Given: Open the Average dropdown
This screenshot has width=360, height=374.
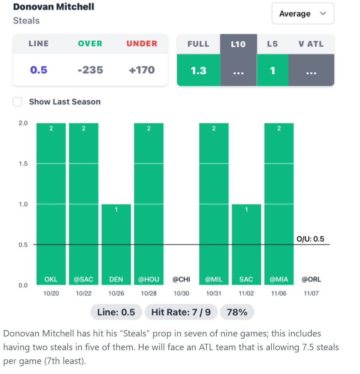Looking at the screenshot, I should [x=302, y=14].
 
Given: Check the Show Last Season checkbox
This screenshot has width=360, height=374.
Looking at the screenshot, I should [x=17, y=102].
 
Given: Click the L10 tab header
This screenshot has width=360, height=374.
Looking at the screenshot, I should [x=238, y=44].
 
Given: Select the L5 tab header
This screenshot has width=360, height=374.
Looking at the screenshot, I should [x=273, y=44].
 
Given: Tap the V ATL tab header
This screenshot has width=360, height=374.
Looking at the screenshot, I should [x=311, y=44].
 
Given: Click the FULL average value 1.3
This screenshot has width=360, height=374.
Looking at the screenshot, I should [x=199, y=70].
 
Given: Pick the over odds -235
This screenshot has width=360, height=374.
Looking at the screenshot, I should [x=90, y=70].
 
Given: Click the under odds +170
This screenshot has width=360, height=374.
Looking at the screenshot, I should [x=141, y=70].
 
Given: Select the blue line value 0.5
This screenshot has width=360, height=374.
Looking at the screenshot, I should [x=38, y=70].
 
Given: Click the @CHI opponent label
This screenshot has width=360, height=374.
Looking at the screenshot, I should [x=181, y=279].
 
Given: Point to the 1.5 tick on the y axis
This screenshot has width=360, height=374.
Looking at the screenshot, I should [x=23, y=163].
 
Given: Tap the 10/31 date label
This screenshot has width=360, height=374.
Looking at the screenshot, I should [x=214, y=293].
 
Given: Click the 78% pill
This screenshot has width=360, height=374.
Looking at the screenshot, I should [x=237, y=312].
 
